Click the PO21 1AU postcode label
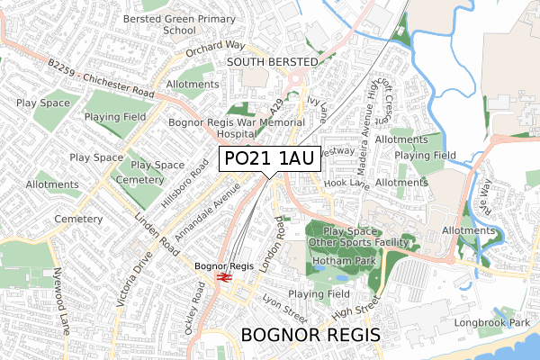(x=268, y=159)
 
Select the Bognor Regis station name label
(x=225, y=265)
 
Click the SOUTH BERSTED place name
(x=273, y=61)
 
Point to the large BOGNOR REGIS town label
(x=311, y=336)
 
